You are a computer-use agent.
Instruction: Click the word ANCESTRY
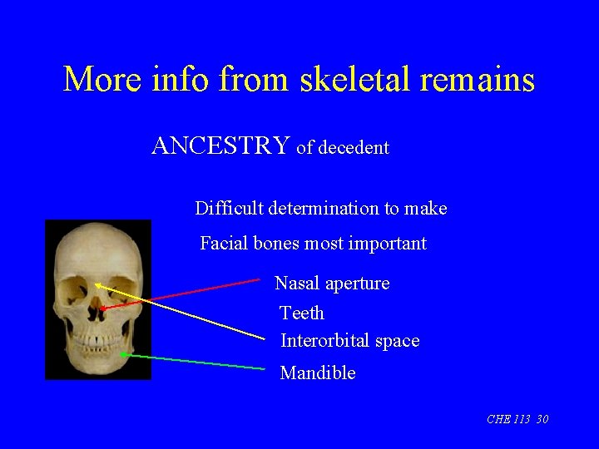(x=220, y=146)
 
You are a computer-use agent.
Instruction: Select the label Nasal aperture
(x=332, y=284)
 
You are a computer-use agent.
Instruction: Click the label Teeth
(x=302, y=313)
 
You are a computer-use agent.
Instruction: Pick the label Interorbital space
(x=349, y=341)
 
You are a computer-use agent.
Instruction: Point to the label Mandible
(x=318, y=373)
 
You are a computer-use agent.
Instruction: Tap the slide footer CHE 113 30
(x=517, y=419)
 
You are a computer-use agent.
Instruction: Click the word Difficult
(x=228, y=209)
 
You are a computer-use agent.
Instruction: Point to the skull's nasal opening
(x=100, y=308)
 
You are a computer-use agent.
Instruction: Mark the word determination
(x=324, y=209)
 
